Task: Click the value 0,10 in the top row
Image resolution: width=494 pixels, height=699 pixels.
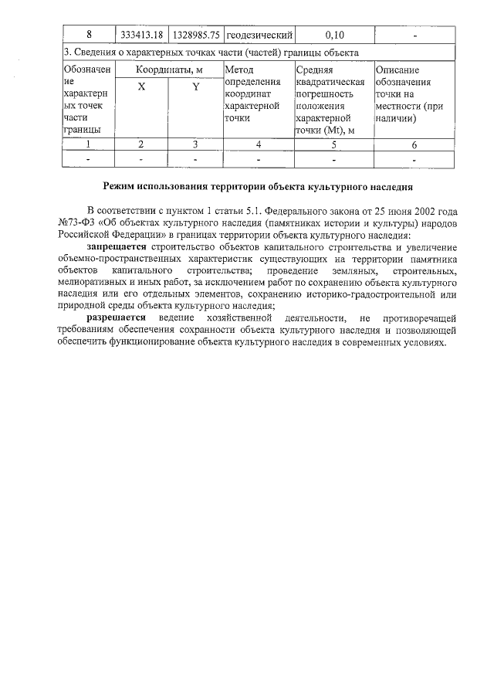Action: point(334,35)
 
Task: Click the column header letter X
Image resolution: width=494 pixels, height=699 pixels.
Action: point(141,87)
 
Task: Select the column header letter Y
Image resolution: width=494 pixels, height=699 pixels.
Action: point(196,87)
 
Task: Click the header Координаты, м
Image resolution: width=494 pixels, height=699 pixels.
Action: point(169,70)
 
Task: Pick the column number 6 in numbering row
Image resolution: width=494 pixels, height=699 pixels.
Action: point(414,144)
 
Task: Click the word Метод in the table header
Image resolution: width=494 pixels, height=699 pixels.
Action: point(238,70)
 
